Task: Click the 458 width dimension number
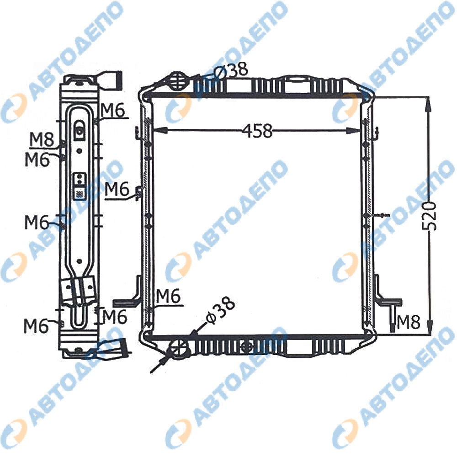[257, 131]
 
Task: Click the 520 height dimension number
[429, 215]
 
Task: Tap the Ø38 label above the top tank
[230, 70]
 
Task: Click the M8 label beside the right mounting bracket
[408, 322]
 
